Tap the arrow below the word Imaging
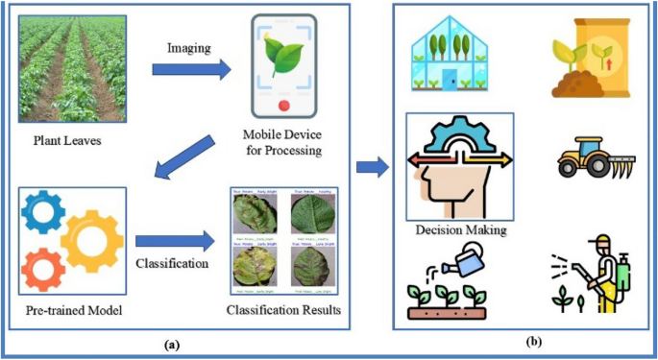pyautogui.click(x=192, y=69)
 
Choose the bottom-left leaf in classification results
pyautogui.click(x=253, y=265)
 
